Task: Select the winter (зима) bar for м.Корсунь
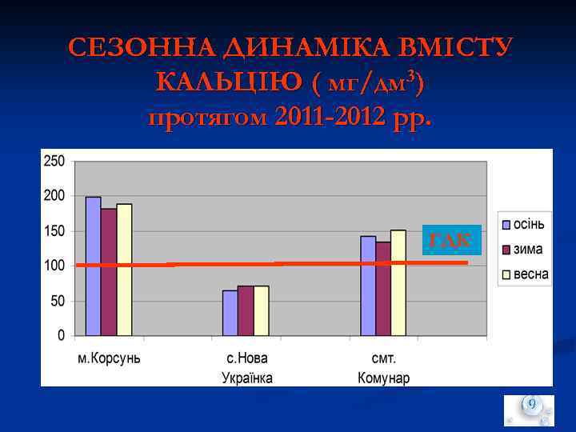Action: (x=109, y=272)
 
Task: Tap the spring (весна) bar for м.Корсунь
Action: (x=124, y=270)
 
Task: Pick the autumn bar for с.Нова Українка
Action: (x=230, y=314)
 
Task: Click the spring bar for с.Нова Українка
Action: (x=261, y=311)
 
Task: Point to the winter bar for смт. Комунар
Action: (x=383, y=289)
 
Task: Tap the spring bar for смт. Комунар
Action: (x=398, y=282)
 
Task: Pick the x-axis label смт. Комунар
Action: (x=383, y=367)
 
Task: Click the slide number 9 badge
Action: (x=530, y=406)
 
